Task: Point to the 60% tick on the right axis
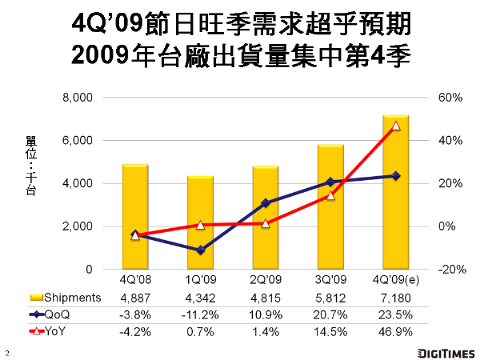coord(450,98)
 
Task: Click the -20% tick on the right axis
coord(449,270)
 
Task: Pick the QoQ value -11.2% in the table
coord(201,314)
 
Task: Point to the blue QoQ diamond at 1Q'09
coord(201,250)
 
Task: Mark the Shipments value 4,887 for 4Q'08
coord(136,298)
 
